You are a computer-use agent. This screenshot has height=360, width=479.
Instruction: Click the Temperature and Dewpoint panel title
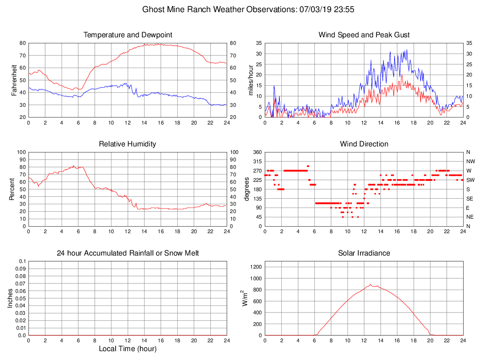pos(128,35)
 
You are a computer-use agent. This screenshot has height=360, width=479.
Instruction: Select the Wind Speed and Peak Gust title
pos(364,35)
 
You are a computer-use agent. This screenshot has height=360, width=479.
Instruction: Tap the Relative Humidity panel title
pos(128,144)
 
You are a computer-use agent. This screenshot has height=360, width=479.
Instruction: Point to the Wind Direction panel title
pos(364,144)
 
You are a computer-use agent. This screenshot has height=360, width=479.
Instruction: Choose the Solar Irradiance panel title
pos(364,253)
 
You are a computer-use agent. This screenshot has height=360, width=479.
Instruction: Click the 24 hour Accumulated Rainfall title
pos(128,253)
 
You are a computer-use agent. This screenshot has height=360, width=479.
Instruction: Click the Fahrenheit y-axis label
pos(14,80)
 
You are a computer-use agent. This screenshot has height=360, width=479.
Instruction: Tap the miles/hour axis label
pos(251,80)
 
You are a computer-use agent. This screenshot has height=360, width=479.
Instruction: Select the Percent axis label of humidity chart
pos(12,189)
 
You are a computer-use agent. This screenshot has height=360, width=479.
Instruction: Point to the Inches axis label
pos(10,298)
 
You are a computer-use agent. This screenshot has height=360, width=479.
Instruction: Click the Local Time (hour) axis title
pos(128,349)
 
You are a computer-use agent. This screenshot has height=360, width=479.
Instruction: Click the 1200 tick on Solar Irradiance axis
pos(256,267)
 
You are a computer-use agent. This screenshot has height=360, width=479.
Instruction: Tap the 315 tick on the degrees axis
pos(257,161)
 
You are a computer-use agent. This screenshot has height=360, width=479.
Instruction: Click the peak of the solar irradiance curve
pos(370,284)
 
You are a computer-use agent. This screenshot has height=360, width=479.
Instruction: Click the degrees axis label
pos(247,189)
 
